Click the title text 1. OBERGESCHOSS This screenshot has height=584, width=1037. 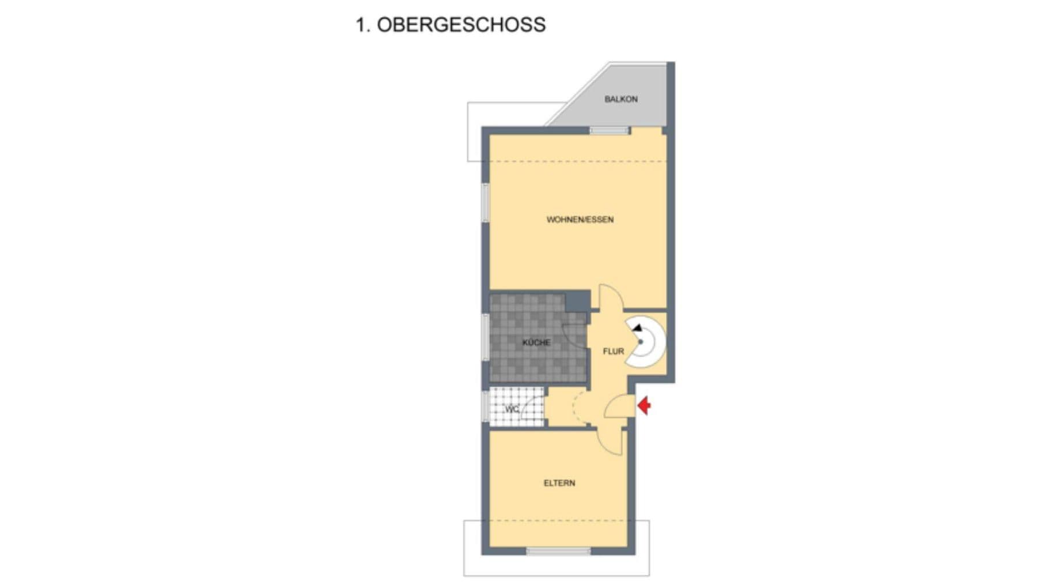[x=451, y=25]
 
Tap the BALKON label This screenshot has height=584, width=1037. [x=620, y=99]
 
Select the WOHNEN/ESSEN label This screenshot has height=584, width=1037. [x=580, y=220]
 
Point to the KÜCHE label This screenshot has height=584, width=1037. [x=536, y=342]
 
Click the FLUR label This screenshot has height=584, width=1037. [x=613, y=351]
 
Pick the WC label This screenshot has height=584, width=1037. [x=512, y=409]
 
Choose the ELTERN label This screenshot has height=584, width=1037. [x=559, y=483]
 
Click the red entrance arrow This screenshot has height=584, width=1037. [x=644, y=406]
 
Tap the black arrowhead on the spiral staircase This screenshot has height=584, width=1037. [x=637, y=328]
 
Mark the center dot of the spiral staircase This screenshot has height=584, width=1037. [x=641, y=342]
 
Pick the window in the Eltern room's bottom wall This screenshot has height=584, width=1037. [x=558, y=552]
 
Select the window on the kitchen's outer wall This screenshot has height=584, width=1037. [x=486, y=337]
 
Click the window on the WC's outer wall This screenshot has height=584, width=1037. [x=485, y=406]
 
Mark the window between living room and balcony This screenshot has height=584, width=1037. [x=610, y=131]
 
